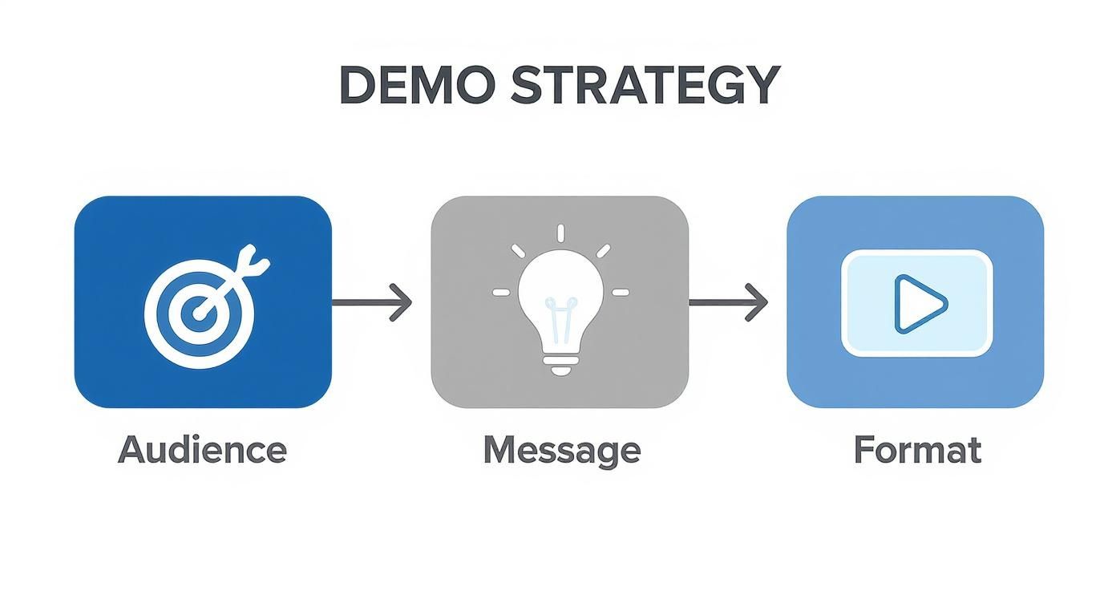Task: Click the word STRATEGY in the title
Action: click(645, 83)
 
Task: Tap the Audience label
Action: click(202, 450)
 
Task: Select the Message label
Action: click(561, 451)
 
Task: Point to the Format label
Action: click(917, 449)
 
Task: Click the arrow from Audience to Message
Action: click(371, 302)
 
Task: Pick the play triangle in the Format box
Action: click(919, 304)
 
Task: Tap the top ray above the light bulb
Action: click(560, 233)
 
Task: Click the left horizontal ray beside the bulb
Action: click(501, 293)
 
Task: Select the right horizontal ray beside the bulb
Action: click(621, 293)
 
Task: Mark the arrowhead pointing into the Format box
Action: click(758, 302)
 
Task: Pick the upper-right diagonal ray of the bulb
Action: click(603, 252)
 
